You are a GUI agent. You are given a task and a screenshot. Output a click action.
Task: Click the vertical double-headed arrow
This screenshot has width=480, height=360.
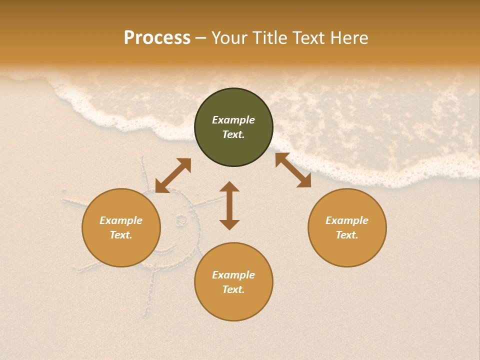(229, 205)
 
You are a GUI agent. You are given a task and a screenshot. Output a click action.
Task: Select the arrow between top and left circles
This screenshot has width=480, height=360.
(173, 175)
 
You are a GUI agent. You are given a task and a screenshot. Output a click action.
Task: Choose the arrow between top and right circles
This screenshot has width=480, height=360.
(293, 170)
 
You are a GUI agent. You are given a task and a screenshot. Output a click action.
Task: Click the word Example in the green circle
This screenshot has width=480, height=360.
(233, 120)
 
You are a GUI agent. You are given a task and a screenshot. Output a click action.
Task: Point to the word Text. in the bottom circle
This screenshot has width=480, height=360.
(233, 289)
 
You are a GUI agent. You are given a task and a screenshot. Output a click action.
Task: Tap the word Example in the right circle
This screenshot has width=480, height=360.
(347, 220)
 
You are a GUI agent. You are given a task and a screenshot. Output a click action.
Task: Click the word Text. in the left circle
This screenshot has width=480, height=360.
(121, 235)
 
